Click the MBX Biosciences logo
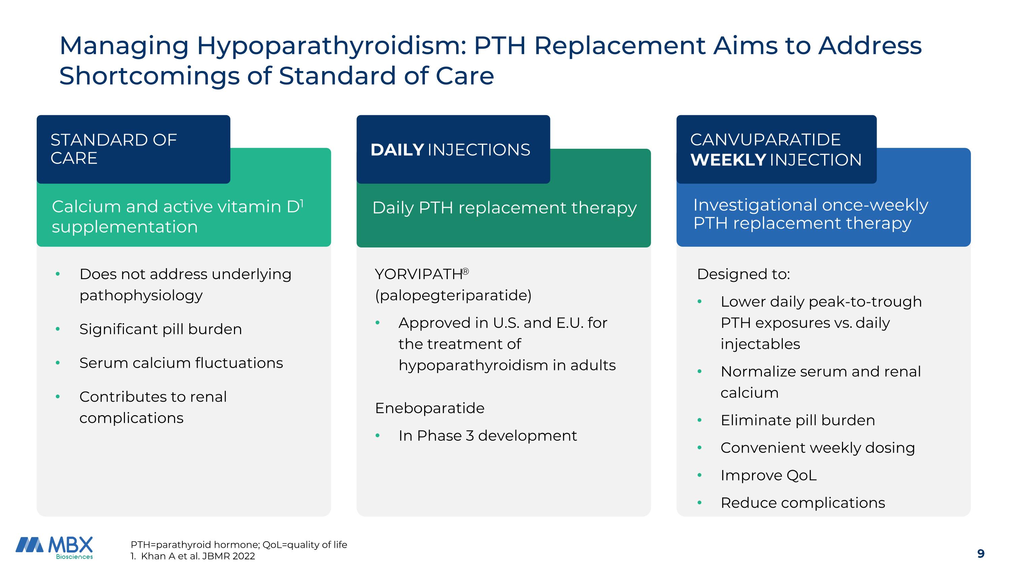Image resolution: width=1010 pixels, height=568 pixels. coord(55,547)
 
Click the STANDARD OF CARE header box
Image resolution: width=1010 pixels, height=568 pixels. coord(133,149)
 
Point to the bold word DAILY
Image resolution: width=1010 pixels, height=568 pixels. coord(397,150)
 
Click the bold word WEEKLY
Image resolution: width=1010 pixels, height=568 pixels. coord(728,160)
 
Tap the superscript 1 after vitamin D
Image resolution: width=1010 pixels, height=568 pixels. coord(302,203)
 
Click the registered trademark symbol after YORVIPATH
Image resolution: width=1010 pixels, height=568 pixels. coord(465,271)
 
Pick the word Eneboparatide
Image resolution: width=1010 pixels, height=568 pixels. coord(429,408)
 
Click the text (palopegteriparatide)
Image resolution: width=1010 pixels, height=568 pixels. coord(453,295)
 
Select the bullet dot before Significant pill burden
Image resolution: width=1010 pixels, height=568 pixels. coord(58,329)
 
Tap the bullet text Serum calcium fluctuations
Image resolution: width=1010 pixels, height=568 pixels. coord(181,363)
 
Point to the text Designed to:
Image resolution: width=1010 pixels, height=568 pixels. coord(743,274)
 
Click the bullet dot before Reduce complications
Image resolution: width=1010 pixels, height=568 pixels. coord(700,503)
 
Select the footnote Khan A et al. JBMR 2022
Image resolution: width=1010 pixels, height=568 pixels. coord(198,556)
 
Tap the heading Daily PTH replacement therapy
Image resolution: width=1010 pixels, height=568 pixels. coord(504,208)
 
